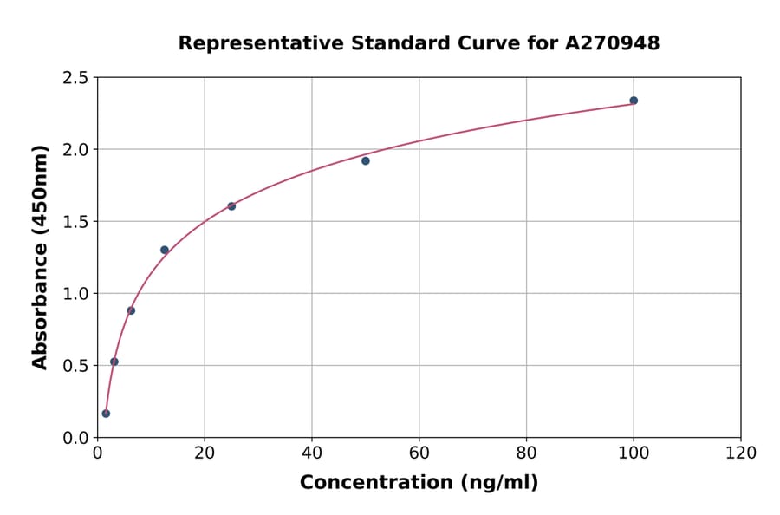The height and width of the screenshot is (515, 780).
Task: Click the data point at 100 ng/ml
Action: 634,101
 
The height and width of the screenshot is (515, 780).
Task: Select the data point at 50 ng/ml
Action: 366,160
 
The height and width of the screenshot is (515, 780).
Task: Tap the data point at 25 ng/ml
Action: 231,206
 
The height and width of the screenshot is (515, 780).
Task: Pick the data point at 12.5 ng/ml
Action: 165,251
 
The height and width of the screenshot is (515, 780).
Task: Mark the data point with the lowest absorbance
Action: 106,414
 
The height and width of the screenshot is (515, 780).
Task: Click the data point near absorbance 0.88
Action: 131,310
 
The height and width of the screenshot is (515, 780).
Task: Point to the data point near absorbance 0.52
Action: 114,362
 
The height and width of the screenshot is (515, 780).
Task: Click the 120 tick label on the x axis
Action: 741,453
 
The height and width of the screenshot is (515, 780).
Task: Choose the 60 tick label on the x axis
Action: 419,453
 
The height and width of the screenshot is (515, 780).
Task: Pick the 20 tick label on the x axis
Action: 205,453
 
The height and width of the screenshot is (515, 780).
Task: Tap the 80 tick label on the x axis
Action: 526,453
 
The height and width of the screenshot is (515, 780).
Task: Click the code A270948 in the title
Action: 613,43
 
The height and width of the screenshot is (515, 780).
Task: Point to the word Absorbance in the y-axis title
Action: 40,307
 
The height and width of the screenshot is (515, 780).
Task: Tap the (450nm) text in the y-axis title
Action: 40,192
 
